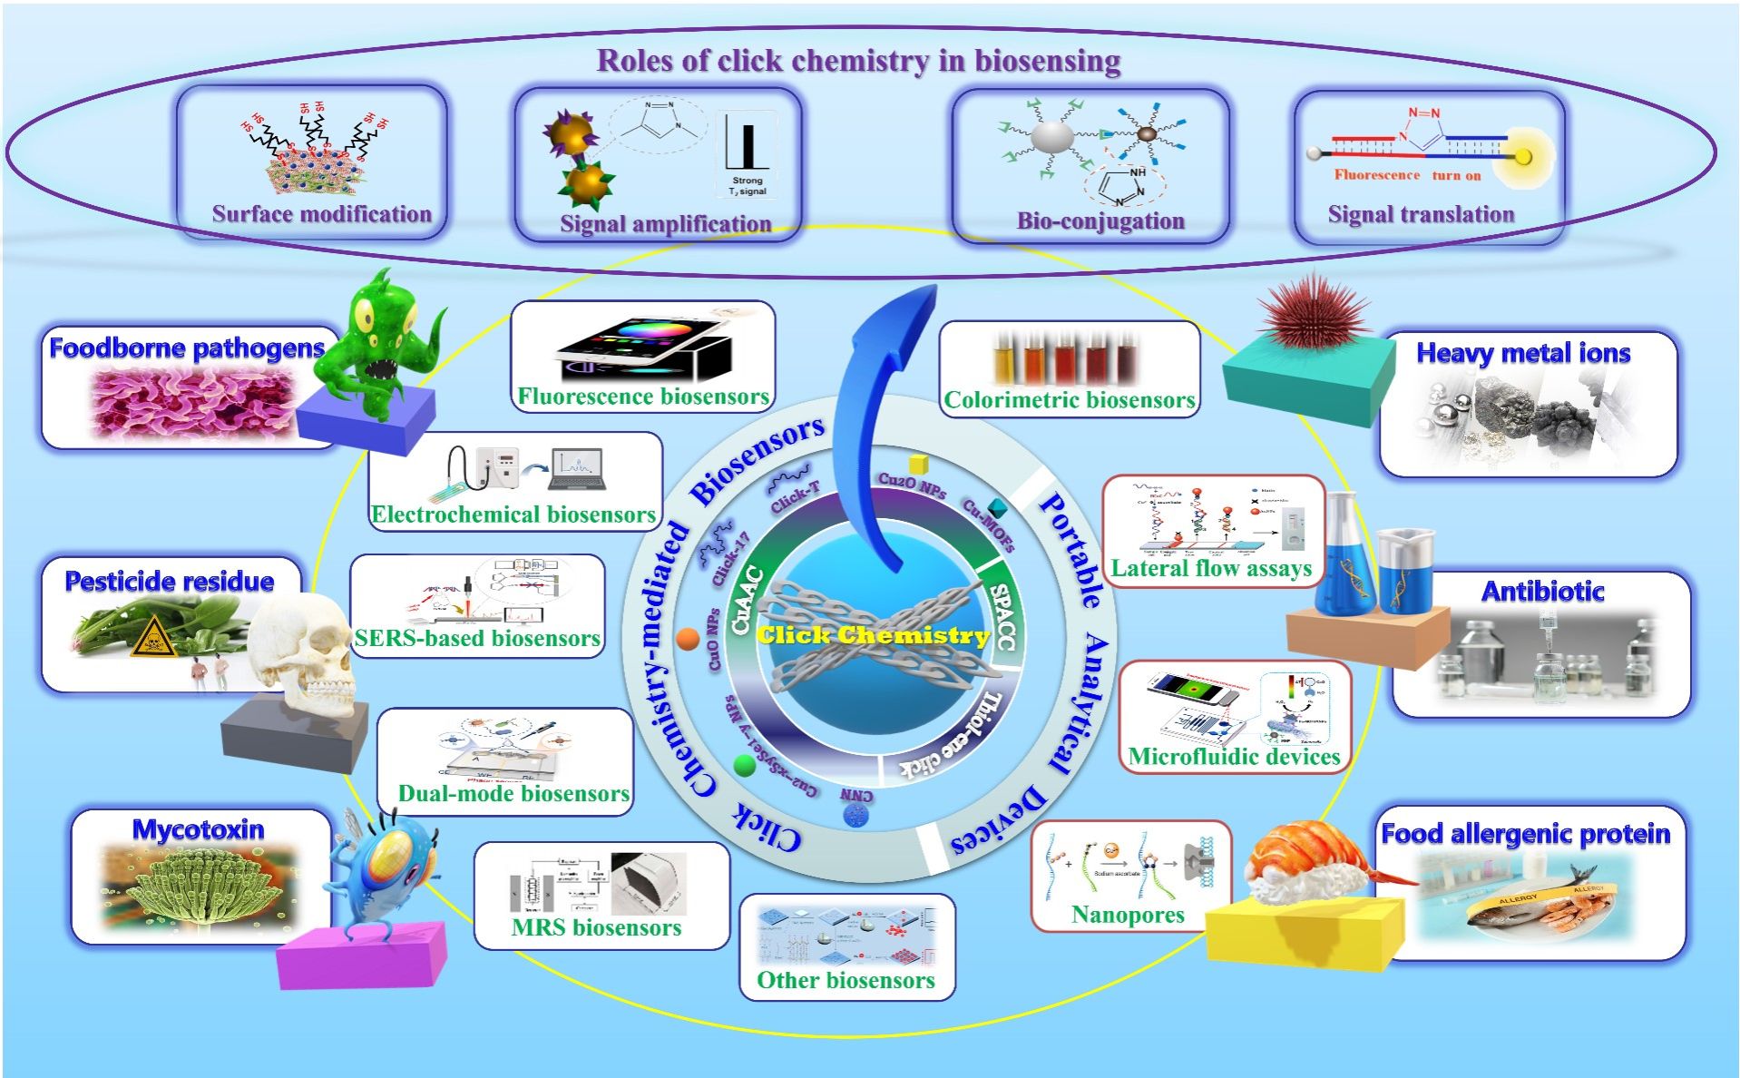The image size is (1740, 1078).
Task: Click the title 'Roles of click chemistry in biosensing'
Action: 858,61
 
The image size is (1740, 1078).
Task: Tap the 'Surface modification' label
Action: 321,214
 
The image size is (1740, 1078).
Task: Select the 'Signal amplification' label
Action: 665,223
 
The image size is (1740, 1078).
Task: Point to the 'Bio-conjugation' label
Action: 1100,220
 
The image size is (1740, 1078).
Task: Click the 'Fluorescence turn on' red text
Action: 1407,175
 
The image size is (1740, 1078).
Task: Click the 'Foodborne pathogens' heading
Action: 187,348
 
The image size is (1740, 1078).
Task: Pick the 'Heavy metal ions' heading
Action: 1523,353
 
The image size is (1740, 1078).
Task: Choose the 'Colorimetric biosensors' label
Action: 1069,400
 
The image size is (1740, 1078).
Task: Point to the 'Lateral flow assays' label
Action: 1211,569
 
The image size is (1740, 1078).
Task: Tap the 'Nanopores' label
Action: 1128,915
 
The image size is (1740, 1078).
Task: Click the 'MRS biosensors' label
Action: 596,927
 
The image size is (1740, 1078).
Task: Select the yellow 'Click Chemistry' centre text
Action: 873,635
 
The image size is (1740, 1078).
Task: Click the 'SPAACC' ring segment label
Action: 1002,617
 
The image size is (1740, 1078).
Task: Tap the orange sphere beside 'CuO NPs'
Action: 688,640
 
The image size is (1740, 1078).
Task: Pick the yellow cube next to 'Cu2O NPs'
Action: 918,465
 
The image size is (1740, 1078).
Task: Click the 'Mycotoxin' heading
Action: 199,829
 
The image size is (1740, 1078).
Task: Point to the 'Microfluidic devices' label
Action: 1234,757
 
